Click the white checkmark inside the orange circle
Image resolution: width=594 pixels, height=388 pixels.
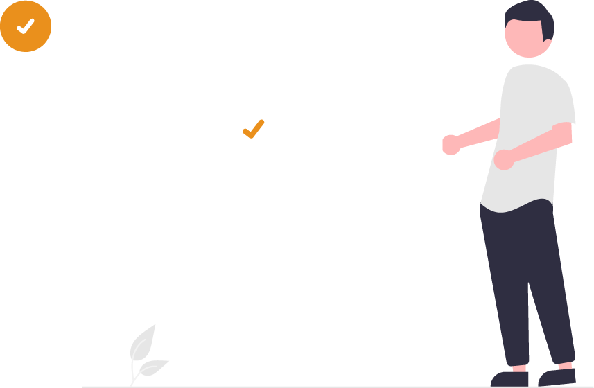click(x=26, y=26)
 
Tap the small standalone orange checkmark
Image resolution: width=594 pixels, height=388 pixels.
click(x=253, y=130)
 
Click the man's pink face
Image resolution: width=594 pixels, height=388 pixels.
click(x=523, y=39)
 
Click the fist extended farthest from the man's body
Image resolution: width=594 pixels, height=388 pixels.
click(x=451, y=144)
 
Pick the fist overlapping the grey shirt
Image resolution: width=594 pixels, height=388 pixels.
click(x=503, y=159)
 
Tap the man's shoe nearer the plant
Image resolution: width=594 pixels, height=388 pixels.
click(x=509, y=379)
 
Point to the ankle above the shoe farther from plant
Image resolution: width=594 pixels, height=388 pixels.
click(x=565, y=365)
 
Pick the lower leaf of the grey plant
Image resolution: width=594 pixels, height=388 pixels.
click(x=154, y=367)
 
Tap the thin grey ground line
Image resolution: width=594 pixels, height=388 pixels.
click(x=277, y=387)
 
